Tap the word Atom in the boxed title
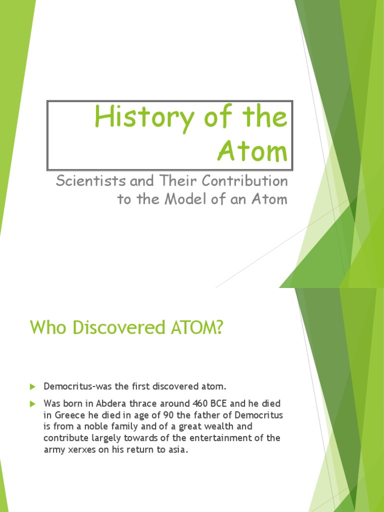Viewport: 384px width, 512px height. coord(252,151)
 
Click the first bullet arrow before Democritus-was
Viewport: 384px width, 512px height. coord(33,386)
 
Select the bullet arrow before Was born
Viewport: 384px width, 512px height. coord(33,403)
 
